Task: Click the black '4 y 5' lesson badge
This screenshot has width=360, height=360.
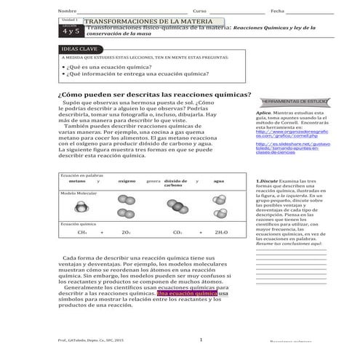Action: coord(70,31)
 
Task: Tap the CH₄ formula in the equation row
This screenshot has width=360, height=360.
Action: coord(82,232)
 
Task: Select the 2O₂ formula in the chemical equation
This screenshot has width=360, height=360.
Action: coord(126,232)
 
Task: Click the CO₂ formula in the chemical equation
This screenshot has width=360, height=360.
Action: coord(178,232)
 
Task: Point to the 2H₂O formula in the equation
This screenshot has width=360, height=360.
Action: coord(221,232)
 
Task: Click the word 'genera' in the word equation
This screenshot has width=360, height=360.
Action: coord(153,180)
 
